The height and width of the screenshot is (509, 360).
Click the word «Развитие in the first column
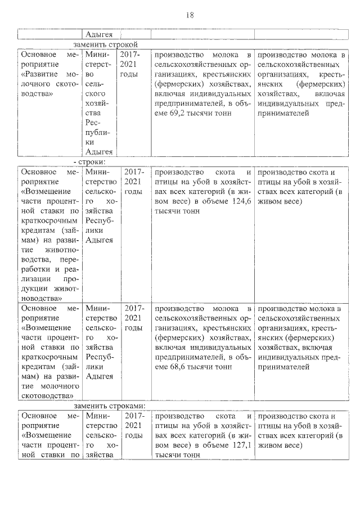[43, 74]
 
